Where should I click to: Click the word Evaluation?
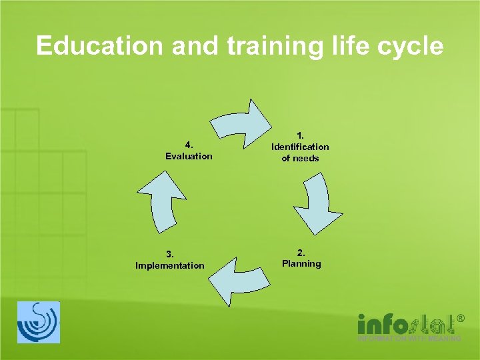(x=189, y=157)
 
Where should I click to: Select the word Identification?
(x=300, y=147)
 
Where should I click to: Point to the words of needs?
(x=300, y=159)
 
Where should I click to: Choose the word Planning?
(x=301, y=264)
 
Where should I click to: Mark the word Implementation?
(x=170, y=266)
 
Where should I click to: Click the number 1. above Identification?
(x=301, y=135)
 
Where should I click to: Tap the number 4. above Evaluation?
(x=189, y=145)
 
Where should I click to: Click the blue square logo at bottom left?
(x=38, y=322)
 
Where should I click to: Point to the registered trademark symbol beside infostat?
(x=459, y=319)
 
